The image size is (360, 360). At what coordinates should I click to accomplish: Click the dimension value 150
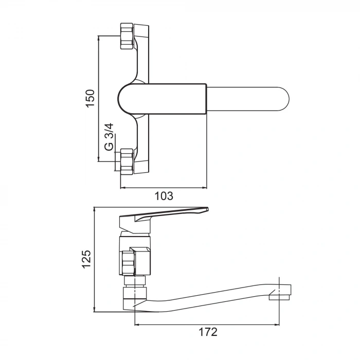[90, 98]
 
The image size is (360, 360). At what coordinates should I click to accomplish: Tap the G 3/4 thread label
[109, 137]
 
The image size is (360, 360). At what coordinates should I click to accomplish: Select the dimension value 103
[164, 195]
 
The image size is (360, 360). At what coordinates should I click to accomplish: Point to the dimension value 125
[86, 259]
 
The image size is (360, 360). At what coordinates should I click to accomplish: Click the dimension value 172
[207, 332]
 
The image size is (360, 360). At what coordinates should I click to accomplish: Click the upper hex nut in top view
[127, 36]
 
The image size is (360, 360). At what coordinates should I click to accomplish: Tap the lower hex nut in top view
[127, 161]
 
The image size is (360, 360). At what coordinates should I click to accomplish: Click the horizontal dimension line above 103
[164, 188]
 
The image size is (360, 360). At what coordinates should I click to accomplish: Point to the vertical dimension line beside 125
[95, 259]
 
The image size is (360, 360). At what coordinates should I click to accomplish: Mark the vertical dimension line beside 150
[98, 98]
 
